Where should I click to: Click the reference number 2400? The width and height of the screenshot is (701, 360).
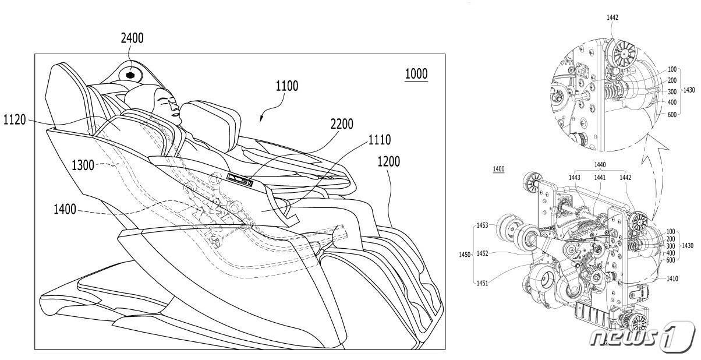click(x=132, y=38)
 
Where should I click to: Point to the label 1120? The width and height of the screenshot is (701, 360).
click(x=16, y=120)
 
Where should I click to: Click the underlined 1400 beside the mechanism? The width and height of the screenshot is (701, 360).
click(x=498, y=169)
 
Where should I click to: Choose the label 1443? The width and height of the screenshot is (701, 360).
click(x=575, y=177)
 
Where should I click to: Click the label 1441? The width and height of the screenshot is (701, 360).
click(x=600, y=177)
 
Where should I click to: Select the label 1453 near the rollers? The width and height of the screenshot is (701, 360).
click(x=482, y=224)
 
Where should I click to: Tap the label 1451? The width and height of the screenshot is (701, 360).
click(x=482, y=284)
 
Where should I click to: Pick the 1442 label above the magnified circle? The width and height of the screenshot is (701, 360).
click(x=612, y=17)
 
